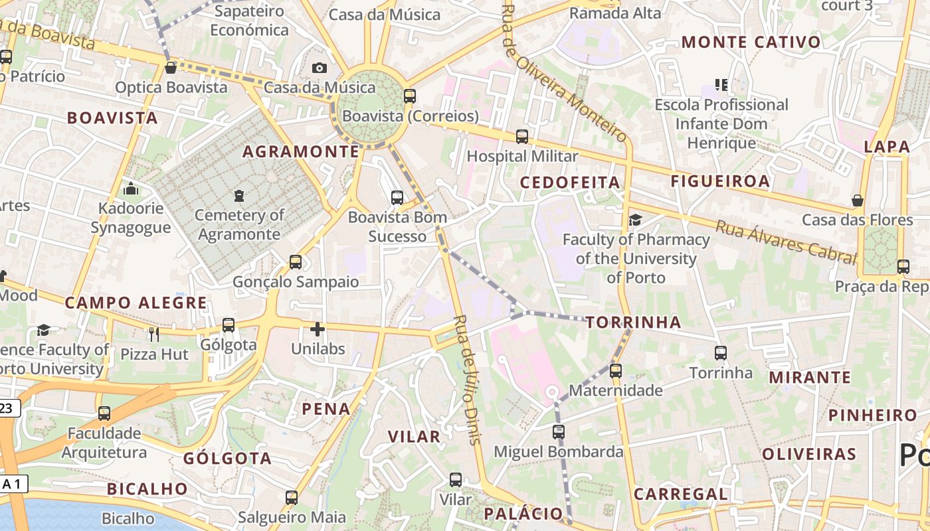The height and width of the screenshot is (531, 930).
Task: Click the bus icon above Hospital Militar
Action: tap(522, 137)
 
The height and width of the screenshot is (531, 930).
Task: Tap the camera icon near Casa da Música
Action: tap(320, 68)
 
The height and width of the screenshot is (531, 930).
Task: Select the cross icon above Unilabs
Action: tap(318, 329)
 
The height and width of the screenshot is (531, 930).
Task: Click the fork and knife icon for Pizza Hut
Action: tap(154, 334)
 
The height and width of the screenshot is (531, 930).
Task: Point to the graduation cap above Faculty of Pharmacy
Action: tap(636, 220)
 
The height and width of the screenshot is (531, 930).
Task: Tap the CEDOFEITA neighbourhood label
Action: tap(570, 183)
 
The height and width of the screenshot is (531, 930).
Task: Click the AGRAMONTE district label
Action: tap(301, 152)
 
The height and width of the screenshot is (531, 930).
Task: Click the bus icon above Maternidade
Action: tap(616, 370)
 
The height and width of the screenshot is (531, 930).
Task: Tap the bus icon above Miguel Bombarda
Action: tap(559, 432)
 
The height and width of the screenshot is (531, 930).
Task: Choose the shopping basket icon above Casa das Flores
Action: tap(858, 200)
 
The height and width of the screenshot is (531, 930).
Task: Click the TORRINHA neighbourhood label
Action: tap(634, 323)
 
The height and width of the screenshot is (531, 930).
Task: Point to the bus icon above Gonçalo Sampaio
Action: tap(296, 262)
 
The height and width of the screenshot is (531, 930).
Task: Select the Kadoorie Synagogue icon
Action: tap(131, 189)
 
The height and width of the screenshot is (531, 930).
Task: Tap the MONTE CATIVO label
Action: tap(751, 42)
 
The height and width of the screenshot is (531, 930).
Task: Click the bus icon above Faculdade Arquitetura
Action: tap(104, 414)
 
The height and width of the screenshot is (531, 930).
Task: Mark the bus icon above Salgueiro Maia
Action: tap(292, 497)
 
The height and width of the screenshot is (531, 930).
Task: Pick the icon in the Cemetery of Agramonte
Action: tap(238, 196)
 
